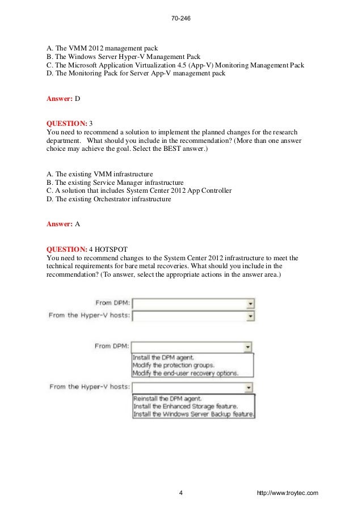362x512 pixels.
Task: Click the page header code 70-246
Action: tap(180, 19)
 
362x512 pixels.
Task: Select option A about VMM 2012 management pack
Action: tap(102, 48)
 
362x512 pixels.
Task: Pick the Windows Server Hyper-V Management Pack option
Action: tap(123, 56)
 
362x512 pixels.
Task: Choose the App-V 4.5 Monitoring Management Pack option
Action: tap(175, 65)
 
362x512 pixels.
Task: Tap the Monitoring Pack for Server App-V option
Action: tap(136, 73)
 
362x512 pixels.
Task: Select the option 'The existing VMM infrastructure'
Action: tap(99, 174)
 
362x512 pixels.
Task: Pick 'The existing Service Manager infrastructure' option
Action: tap(115, 182)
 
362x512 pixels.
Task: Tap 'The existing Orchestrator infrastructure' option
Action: tap(108, 199)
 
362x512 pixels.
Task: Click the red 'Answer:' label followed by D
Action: tap(59, 98)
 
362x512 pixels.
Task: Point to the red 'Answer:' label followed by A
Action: tap(59, 223)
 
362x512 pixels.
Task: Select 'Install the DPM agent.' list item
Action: tap(163, 358)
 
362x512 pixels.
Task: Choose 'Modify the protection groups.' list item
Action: tap(174, 365)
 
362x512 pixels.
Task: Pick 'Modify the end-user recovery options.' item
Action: tap(186, 373)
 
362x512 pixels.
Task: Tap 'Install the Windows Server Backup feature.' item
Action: tap(193, 414)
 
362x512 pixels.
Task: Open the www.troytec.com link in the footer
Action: tap(287, 493)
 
